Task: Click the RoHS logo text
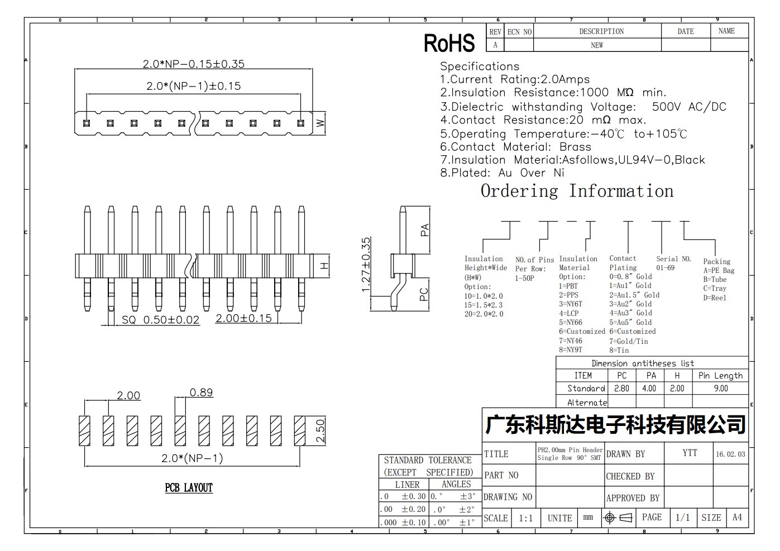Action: [449, 43]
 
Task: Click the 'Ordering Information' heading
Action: [577, 191]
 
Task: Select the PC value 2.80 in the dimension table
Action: [621, 389]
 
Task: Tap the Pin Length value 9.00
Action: [720, 389]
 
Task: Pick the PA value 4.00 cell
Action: [649, 389]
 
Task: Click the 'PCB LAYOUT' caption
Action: [189, 488]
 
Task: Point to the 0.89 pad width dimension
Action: [201, 392]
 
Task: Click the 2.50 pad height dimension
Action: [320, 430]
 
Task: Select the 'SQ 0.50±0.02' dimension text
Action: [161, 320]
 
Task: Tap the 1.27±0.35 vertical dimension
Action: [366, 265]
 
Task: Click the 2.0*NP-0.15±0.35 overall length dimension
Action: [194, 64]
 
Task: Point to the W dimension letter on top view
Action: [320, 123]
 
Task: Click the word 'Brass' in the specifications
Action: [575, 147]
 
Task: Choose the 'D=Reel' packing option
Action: [715, 298]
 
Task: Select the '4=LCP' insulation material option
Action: [568, 313]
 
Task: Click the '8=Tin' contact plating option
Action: [619, 350]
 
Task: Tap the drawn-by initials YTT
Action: [690, 453]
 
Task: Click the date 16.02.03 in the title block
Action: [730, 454]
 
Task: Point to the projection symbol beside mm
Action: [619, 518]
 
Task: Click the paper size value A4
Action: [737, 518]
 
